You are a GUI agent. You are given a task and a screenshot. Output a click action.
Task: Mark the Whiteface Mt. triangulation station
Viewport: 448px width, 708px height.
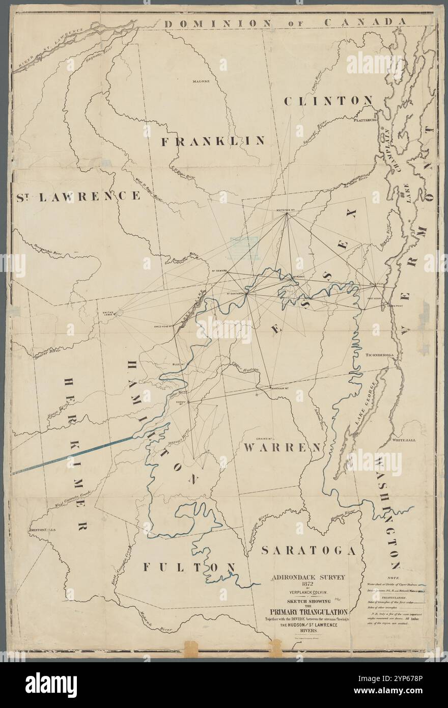(287, 213)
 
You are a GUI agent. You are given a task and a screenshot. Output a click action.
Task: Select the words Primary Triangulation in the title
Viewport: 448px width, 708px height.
(309, 612)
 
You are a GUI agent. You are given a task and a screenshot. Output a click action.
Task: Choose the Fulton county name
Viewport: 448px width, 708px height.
(189, 567)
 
